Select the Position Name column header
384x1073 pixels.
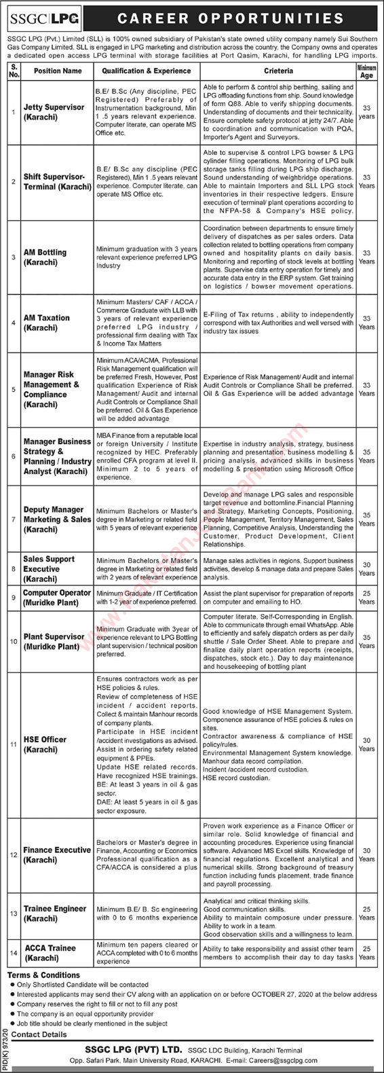coord(58,71)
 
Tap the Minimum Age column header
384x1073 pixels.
coord(366,71)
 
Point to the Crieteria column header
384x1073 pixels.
coord(279,71)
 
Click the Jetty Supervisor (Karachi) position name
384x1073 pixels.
coord(54,111)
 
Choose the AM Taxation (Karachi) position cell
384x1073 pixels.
coord(47,322)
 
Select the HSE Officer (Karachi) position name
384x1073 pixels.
coord(45,744)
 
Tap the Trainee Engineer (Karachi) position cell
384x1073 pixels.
coord(55,913)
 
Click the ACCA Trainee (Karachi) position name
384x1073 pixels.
coord(50,952)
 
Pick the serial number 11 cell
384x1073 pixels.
coord(14,744)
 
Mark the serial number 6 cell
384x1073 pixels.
coord(14,456)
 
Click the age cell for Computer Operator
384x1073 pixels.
coord(366,597)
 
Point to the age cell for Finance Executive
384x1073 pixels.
coord(366,854)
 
